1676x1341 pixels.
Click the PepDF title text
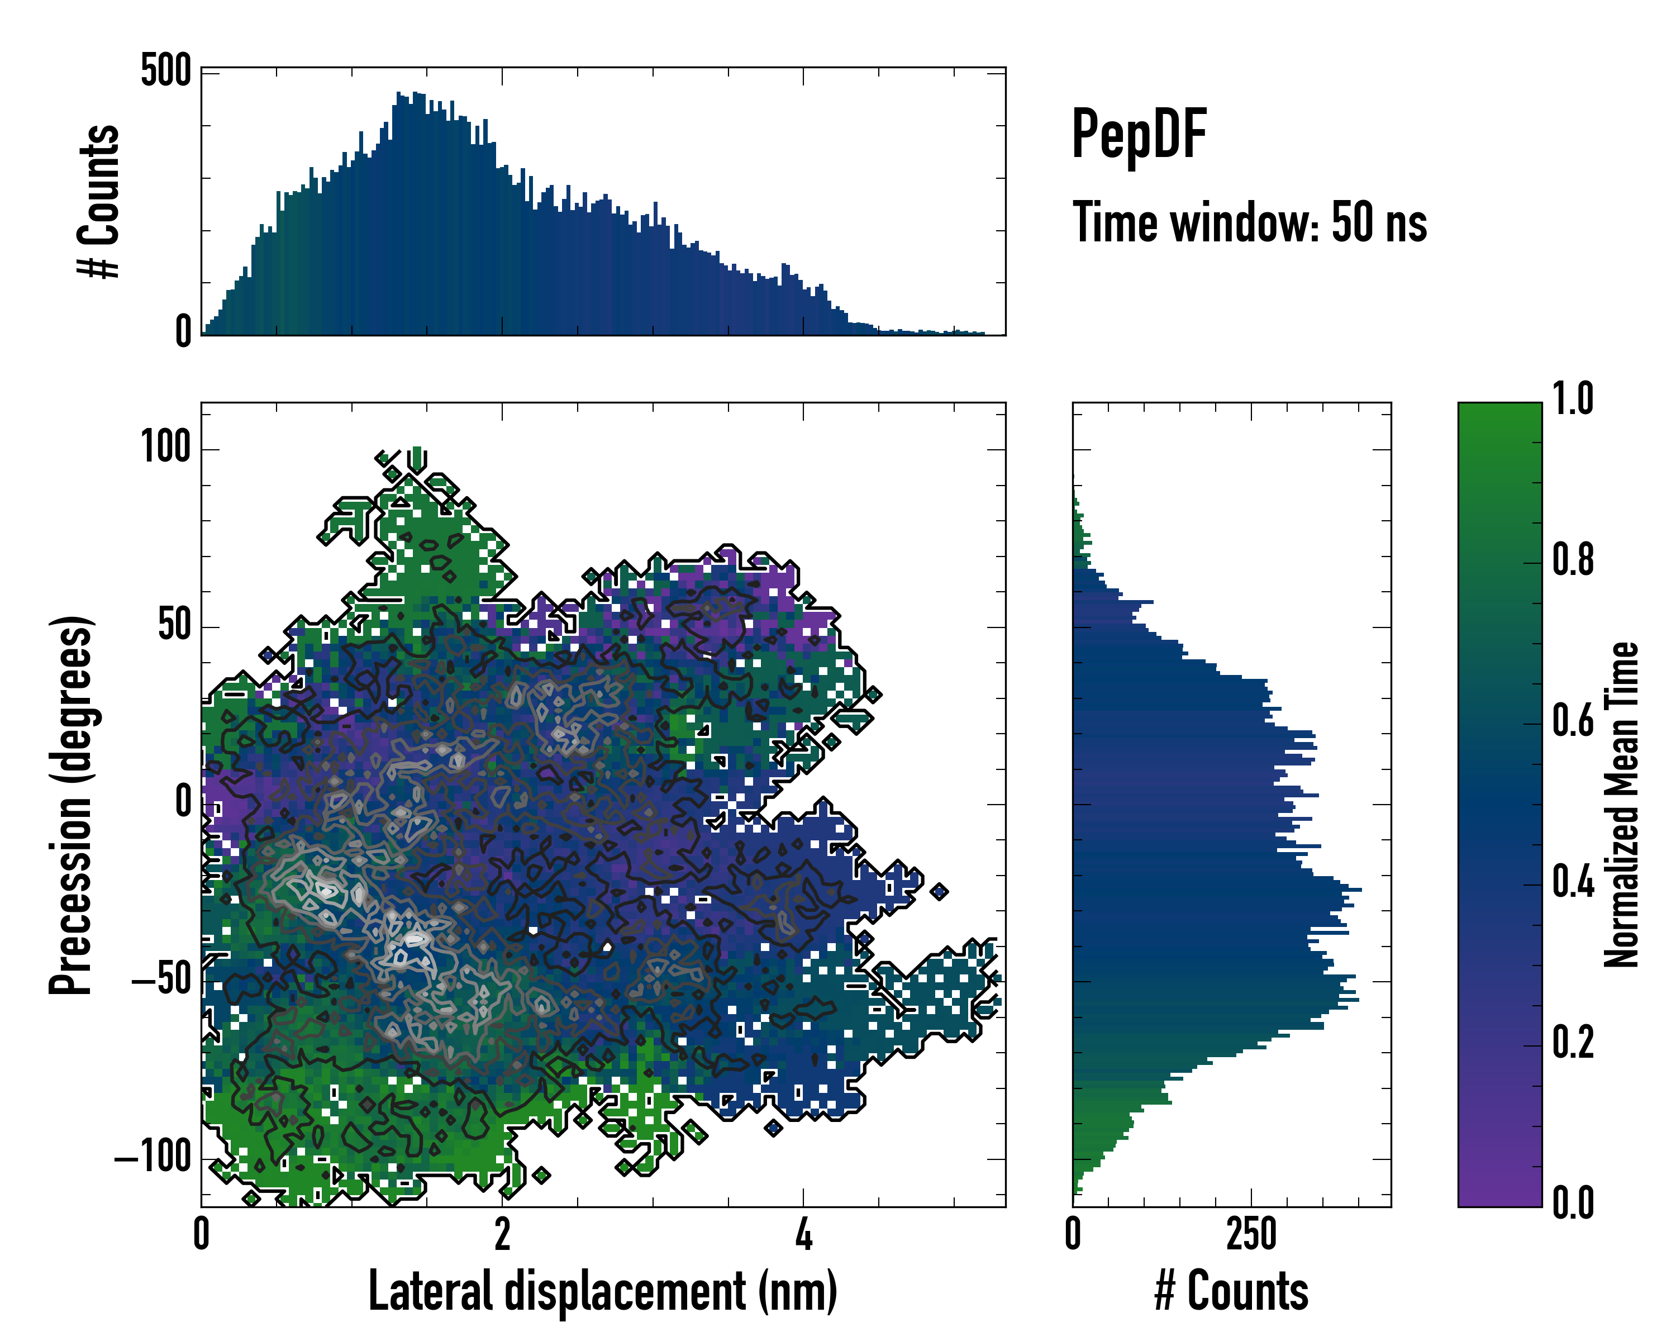click(x=1139, y=135)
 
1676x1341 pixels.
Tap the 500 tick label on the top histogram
click(x=165, y=72)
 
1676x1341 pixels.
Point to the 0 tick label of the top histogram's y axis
click(x=183, y=332)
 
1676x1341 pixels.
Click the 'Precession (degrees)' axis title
click(x=72, y=805)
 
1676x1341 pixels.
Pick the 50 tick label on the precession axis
click(x=174, y=625)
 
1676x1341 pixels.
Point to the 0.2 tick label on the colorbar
click(x=1573, y=1043)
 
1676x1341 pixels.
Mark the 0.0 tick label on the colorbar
click(x=1573, y=1204)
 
